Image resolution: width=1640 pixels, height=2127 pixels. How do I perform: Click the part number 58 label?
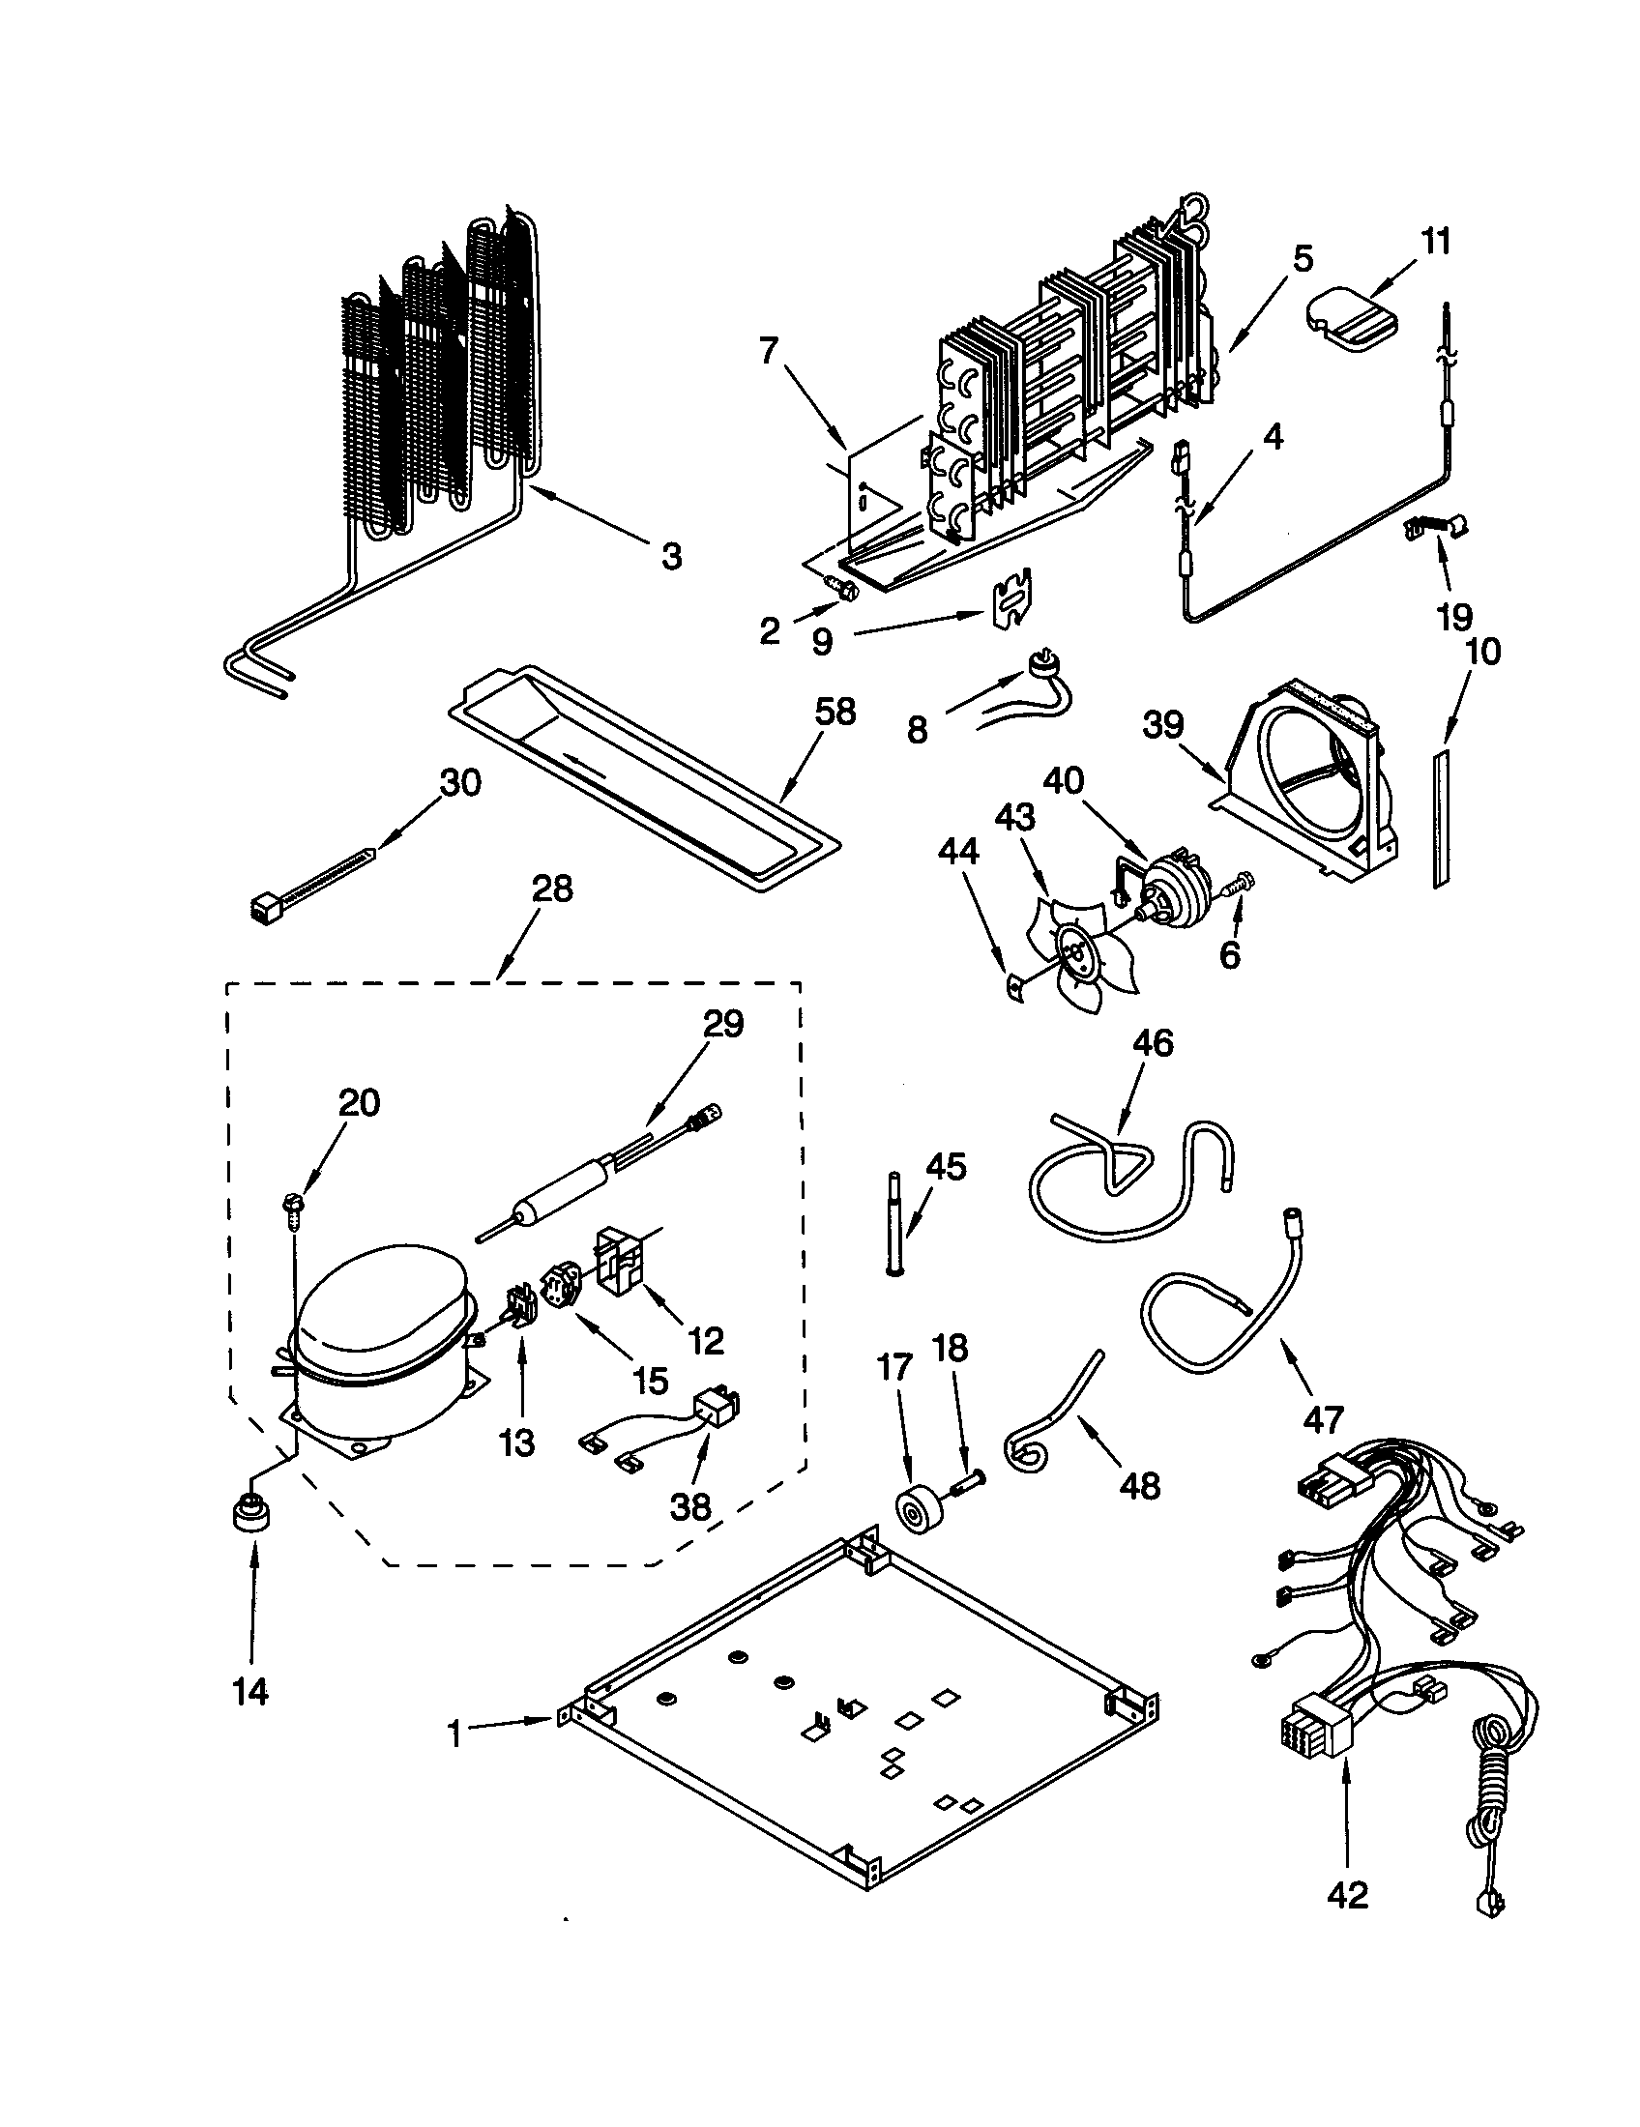(835, 712)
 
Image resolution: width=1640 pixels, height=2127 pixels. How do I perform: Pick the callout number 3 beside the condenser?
(671, 557)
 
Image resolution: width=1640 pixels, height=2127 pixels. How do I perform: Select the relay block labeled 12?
(623, 1261)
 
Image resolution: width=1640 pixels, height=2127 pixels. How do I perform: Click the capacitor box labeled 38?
(716, 1410)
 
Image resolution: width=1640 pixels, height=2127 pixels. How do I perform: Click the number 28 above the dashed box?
(551, 889)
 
